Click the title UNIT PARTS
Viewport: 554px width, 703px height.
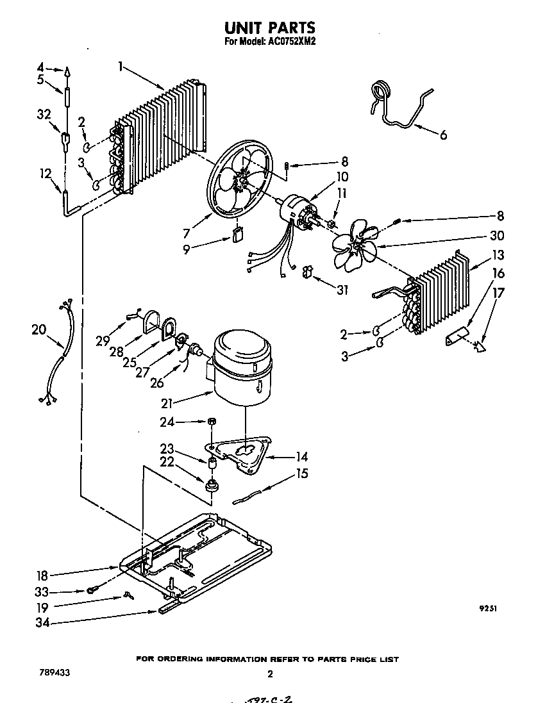click(x=269, y=28)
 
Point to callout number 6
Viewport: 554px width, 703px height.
click(x=442, y=135)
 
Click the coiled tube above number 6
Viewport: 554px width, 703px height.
click(x=382, y=92)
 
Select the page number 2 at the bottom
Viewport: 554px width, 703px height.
click(x=270, y=674)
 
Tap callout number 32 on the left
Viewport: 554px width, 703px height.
click(x=44, y=114)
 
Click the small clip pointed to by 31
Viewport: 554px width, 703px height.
click(x=306, y=272)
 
